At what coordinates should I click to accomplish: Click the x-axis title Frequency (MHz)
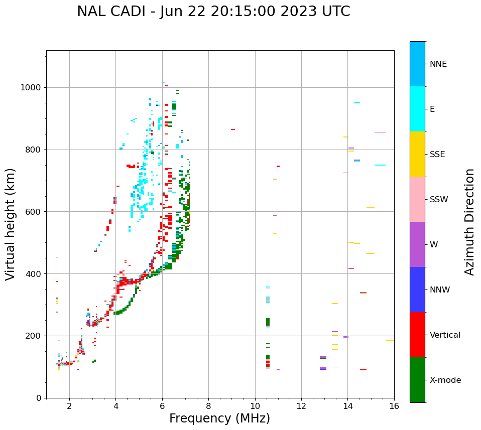point(219,418)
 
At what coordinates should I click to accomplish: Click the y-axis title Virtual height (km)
point(11,224)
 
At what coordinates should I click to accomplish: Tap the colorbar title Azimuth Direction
point(469,222)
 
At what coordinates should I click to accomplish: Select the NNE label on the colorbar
point(438,64)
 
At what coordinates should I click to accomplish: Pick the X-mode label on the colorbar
point(445,380)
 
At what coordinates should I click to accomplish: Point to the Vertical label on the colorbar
point(445,335)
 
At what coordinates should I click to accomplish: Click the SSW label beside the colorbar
point(439,200)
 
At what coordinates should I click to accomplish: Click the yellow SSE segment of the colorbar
point(417,154)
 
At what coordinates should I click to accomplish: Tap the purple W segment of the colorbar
point(417,244)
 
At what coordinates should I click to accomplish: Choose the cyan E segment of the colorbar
point(417,109)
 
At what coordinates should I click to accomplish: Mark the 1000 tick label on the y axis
point(31,88)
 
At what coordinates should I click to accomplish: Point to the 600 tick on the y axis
point(33,212)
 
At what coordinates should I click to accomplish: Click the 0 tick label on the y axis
point(39,398)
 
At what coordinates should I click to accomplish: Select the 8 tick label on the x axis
point(208,405)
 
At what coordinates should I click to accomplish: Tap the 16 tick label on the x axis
point(394,405)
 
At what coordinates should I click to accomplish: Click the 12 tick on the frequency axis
point(301,405)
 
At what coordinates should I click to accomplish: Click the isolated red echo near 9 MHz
point(233,129)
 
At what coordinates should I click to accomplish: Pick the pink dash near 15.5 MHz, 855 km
point(380,132)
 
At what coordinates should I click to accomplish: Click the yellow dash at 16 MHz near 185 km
point(390,340)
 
